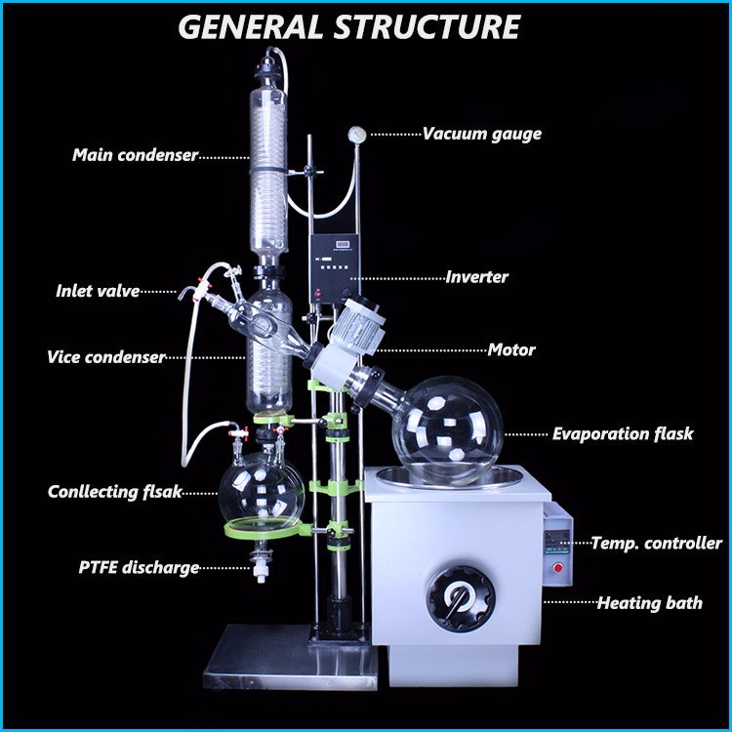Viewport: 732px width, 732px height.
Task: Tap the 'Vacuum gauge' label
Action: (481, 134)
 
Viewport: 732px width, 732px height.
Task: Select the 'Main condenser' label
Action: (136, 155)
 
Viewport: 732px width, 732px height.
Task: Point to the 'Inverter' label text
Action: (476, 276)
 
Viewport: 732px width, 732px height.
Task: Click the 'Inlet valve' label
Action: (98, 290)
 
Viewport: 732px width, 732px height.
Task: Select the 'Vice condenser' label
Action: (106, 357)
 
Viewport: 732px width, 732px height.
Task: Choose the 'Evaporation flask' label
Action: (623, 433)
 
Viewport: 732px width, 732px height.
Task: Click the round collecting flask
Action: (261, 489)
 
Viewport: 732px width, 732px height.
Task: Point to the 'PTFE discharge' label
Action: (140, 567)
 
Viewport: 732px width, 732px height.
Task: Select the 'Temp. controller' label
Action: (656, 543)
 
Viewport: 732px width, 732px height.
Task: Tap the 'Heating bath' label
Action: (649, 603)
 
